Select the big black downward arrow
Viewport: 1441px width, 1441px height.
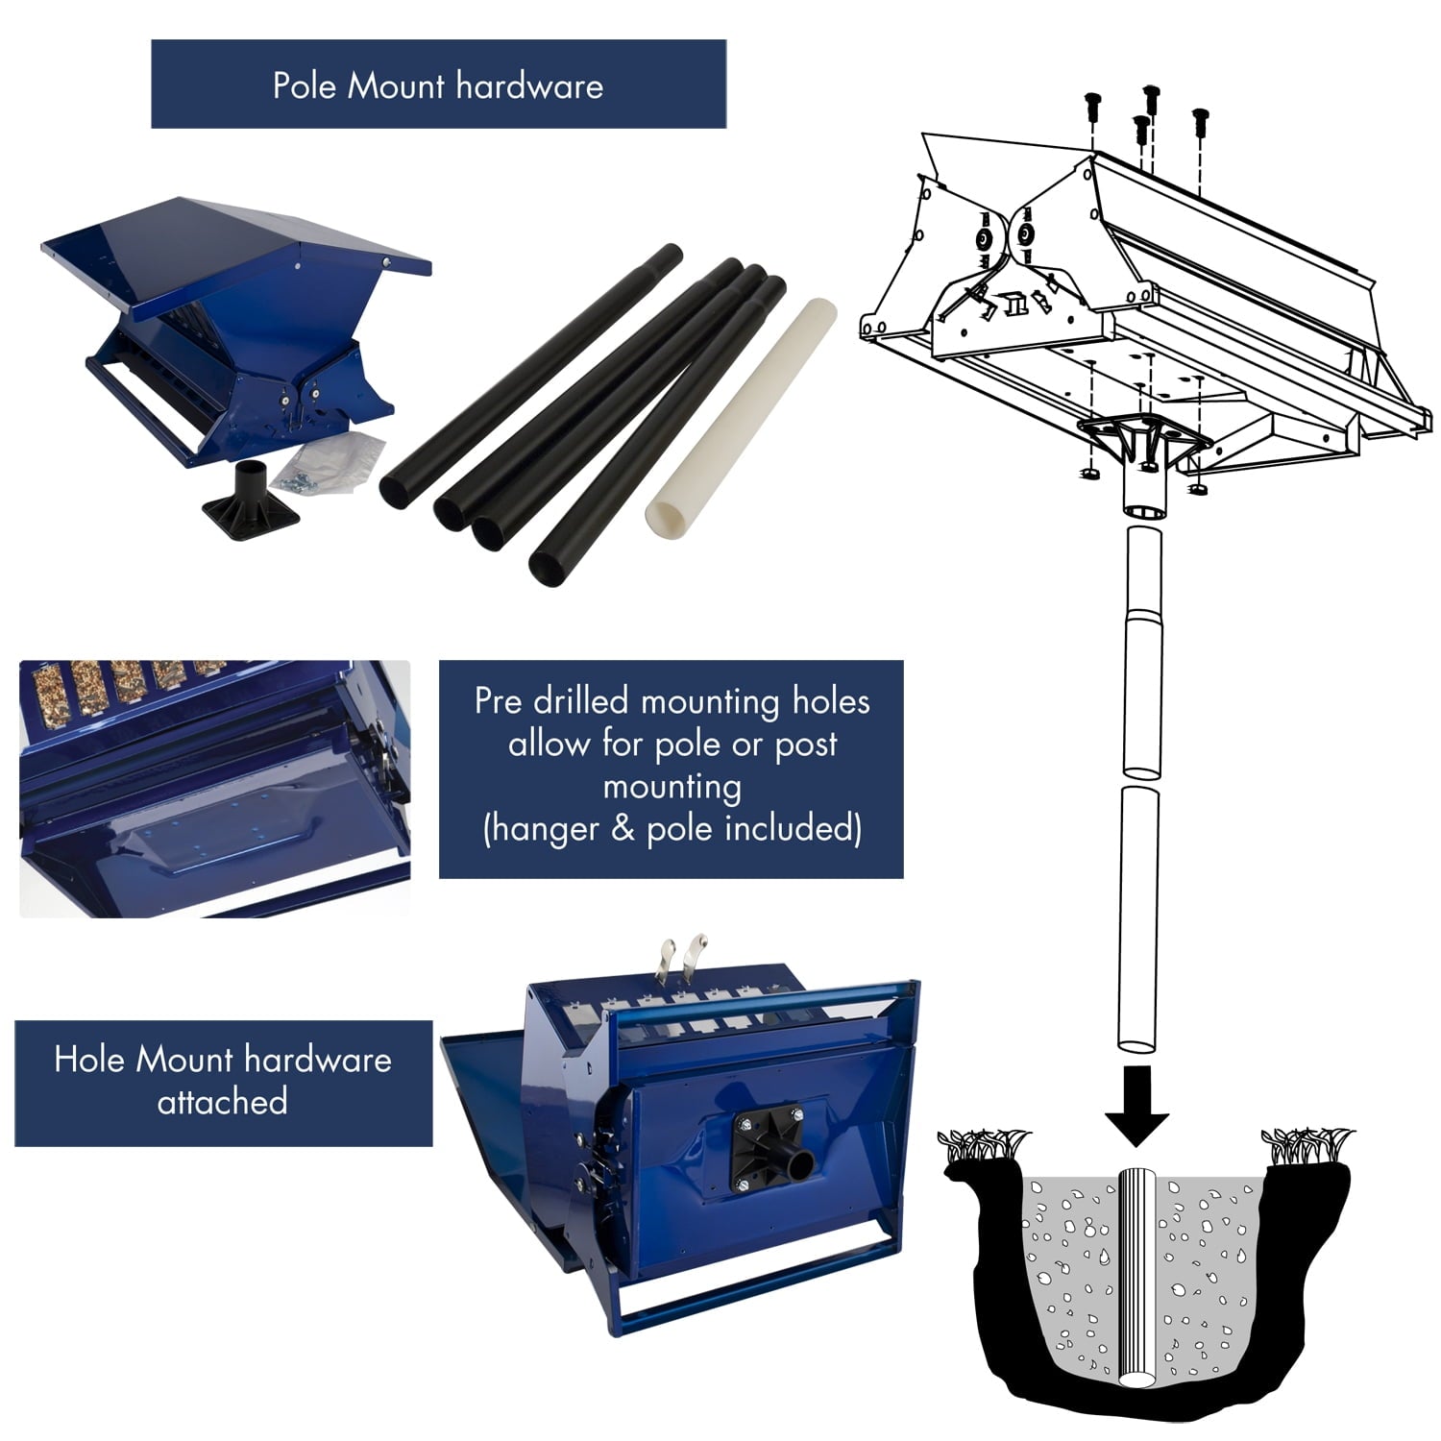coord(1136,1106)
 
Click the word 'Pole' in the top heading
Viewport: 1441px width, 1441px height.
coord(305,85)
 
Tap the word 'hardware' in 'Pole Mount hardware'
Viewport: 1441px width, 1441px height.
coord(530,85)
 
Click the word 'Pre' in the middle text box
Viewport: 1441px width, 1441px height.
coord(499,701)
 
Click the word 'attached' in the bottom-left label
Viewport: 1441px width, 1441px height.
coord(222,1101)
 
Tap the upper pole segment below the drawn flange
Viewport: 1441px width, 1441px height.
coord(1142,651)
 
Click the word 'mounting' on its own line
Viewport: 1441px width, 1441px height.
coord(672,787)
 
